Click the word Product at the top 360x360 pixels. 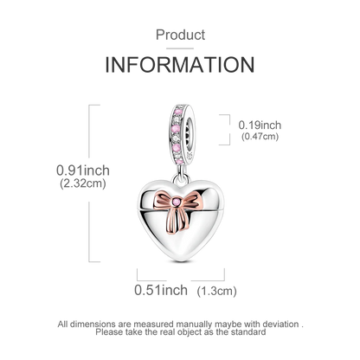[x=180, y=35]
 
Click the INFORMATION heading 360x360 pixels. [x=180, y=65]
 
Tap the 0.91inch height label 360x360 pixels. [x=83, y=170]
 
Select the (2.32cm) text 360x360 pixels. [x=83, y=183]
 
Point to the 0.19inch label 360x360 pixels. [x=260, y=125]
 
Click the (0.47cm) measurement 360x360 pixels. [x=260, y=136]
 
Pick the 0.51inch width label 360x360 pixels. [x=161, y=290]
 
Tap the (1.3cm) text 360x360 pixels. [x=217, y=291]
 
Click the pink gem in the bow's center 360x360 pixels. [x=176, y=202]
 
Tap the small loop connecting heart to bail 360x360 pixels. [x=181, y=179]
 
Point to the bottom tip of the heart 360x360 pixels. [x=181, y=261]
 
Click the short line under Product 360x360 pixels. [x=180, y=48]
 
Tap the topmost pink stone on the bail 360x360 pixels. [x=178, y=111]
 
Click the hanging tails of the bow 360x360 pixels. [x=176, y=220]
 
